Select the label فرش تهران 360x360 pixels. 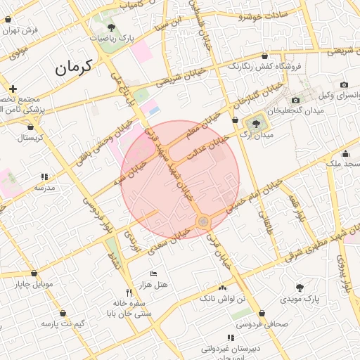click(20, 30)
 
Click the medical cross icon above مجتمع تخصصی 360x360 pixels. click(13, 88)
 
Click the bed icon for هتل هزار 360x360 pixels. click(154, 274)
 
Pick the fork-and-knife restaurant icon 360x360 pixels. click(128, 292)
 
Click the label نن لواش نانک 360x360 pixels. click(224, 299)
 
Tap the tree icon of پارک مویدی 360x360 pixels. click(300, 288)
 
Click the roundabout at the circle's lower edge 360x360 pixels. click(204, 221)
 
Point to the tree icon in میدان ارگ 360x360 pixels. click(255, 123)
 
